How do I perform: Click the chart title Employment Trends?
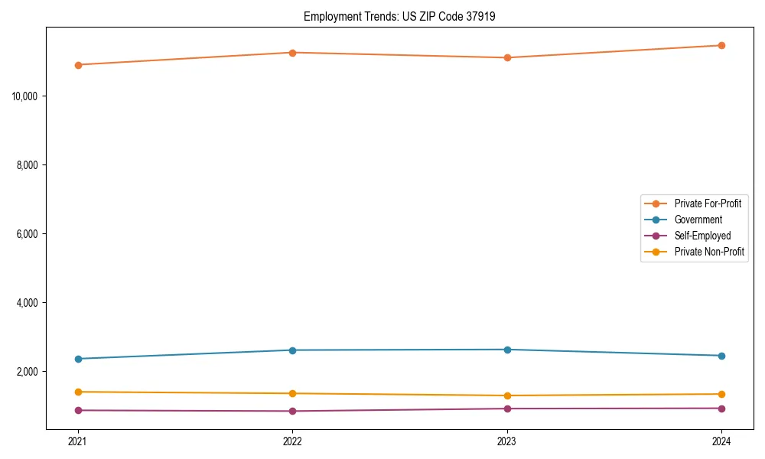[x=399, y=16]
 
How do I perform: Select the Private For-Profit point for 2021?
[x=77, y=65]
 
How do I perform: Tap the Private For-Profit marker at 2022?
[x=292, y=53]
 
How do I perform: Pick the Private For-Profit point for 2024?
[x=721, y=45]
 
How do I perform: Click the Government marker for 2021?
[x=77, y=359]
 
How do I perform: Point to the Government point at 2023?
[x=506, y=350]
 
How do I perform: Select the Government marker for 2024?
[x=721, y=356]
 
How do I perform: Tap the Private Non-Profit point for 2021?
[x=77, y=392]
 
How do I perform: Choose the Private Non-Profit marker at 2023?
[x=506, y=396]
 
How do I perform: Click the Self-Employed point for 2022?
[x=292, y=411]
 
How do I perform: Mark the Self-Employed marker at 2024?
[x=721, y=408]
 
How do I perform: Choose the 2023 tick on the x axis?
[x=506, y=441]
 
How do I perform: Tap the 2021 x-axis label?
[x=77, y=441]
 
